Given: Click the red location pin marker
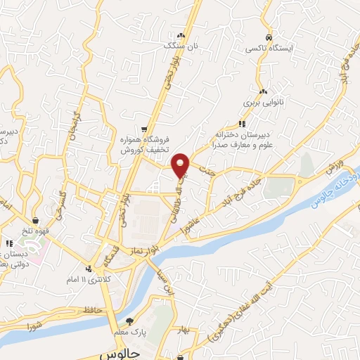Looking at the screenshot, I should point(182,165).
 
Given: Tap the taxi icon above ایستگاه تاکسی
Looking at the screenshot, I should point(268,37).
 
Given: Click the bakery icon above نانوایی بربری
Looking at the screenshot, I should point(263,91).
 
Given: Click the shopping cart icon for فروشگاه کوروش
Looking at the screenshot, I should point(144,129).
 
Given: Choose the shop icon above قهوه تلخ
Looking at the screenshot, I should point(35,221).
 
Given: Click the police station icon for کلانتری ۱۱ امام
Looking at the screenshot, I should point(89,268).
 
